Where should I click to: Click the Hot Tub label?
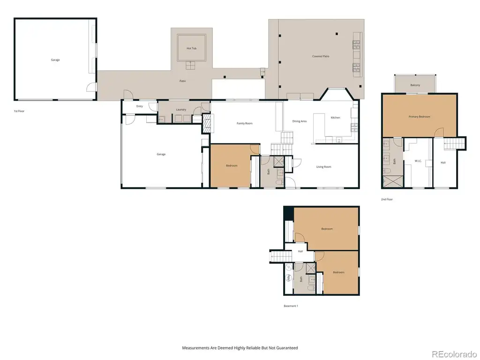(x=191, y=48)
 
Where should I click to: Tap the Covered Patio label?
(x=321, y=56)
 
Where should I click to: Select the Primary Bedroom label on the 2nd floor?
(x=419, y=117)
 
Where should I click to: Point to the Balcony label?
(x=415, y=85)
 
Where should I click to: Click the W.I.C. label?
(x=418, y=161)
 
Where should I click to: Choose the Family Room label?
(x=244, y=123)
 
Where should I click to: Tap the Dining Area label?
(x=299, y=121)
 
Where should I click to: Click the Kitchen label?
(x=335, y=118)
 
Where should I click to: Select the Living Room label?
(x=323, y=167)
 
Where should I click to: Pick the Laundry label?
(x=181, y=110)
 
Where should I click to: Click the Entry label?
(x=140, y=106)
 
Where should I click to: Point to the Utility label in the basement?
(x=288, y=278)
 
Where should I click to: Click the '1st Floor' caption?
(x=19, y=111)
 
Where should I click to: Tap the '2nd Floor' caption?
(x=387, y=199)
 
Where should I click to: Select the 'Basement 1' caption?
(x=291, y=306)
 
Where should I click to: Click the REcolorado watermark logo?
(x=454, y=354)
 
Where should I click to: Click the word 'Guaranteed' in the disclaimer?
(x=287, y=348)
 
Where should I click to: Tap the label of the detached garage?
(x=55, y=60)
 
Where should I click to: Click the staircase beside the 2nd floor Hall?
(x=454, y=143)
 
